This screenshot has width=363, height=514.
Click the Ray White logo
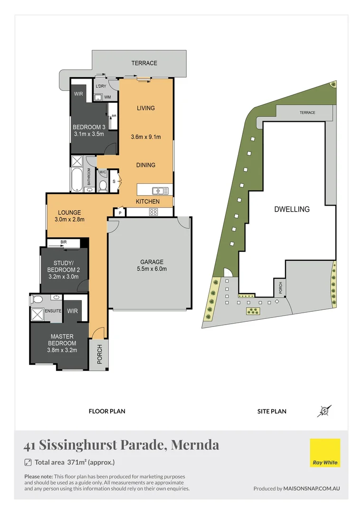coord(325,453)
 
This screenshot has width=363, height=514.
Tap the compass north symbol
coord(325,411)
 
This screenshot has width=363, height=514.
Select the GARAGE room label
coord(152,262)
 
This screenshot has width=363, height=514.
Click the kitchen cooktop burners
coord(154,212)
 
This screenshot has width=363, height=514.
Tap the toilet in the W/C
coord(103,185)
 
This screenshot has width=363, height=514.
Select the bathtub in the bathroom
coord(77,179)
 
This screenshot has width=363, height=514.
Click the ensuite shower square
coord(37,314)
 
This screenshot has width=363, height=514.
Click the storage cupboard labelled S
coord(114,181)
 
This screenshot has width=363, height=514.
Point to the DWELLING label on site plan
coord(292,209)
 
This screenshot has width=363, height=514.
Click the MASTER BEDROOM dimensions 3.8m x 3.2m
coord(62,350)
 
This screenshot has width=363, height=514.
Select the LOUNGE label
coord(69,212)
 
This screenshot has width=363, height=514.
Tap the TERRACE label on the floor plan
coord(144,63)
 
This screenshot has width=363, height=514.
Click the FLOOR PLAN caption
coord(107,411)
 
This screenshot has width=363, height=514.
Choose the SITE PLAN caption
coord(271,411)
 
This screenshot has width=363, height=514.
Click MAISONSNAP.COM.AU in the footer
coord(312,488)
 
